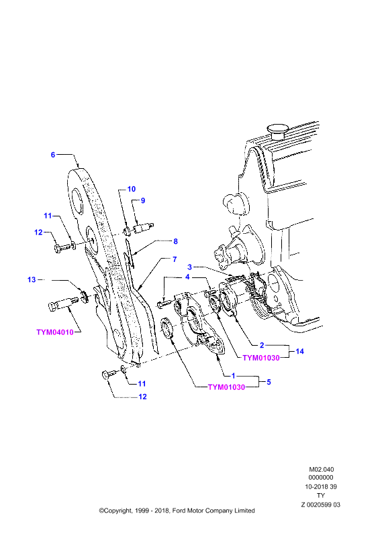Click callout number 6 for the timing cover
pos(53,155)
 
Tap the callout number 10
pos(132,189)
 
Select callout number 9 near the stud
pos(143,200)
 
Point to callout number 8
pos(175,241)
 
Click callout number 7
pos(175,259)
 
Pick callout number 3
pos(189,267)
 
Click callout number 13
pos(32,279)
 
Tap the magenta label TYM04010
pos(55,332)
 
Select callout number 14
pos(300,351)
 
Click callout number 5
pos(269,382)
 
